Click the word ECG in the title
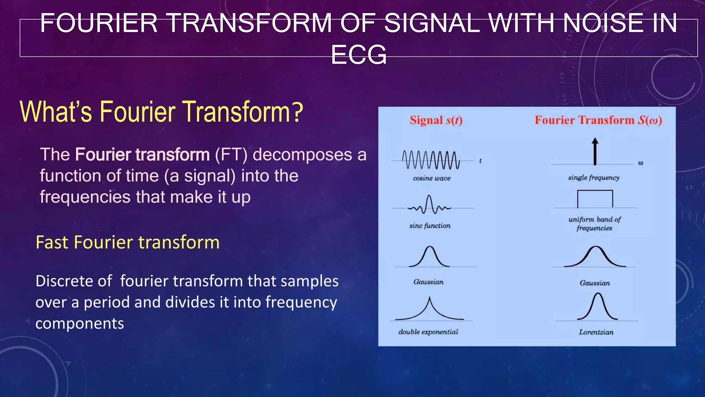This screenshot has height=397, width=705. click(x=359, y=55)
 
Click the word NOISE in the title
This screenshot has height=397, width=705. click(x=603, y=23)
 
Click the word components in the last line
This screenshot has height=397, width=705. click(x=80, y=324)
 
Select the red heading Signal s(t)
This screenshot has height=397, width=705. click(x=436, y=120)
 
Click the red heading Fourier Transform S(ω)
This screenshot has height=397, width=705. click(x=598, y=120)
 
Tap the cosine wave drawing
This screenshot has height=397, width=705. click(x=431, y=160)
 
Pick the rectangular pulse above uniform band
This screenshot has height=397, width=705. click(x=595, y=199)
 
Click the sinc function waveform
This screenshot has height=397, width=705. click(x=429, y=205)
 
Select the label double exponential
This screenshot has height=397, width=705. click(x=428, y=332)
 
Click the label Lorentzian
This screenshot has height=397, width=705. click(x=596, y=332)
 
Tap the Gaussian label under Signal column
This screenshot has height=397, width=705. click(x=428, y=282)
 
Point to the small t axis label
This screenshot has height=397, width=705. click(x=480, y=161)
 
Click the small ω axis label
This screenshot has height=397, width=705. click(x=640, y=163)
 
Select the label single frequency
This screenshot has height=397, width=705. click(x=593, y=178)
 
